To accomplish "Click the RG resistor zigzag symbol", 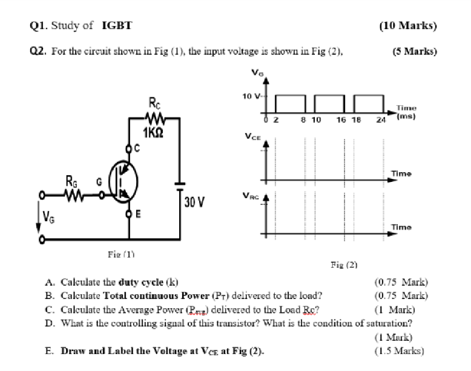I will tap(73, 195).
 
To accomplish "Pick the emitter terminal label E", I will tap(137, 215).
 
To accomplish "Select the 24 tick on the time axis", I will tap(380, 120).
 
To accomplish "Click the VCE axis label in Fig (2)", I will tap(254, 137).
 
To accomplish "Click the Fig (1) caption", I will tap(120, 254).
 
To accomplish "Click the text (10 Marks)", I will tap(407, 25).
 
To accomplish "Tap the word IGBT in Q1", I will tap(117, 25).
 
